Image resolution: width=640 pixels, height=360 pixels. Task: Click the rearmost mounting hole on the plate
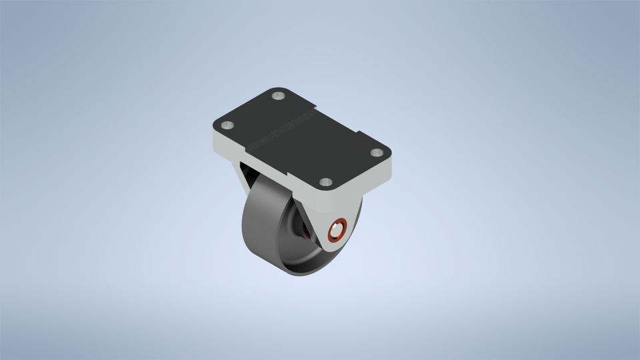tap(279, 97)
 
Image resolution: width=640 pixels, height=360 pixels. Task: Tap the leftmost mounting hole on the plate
tap(227, 125)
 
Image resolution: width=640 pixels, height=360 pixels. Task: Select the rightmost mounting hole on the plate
tap(377, 153)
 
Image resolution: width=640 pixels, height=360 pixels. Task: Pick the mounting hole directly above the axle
tap(325, 182)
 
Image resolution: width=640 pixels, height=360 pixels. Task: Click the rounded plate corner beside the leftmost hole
tap(216, 127)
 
